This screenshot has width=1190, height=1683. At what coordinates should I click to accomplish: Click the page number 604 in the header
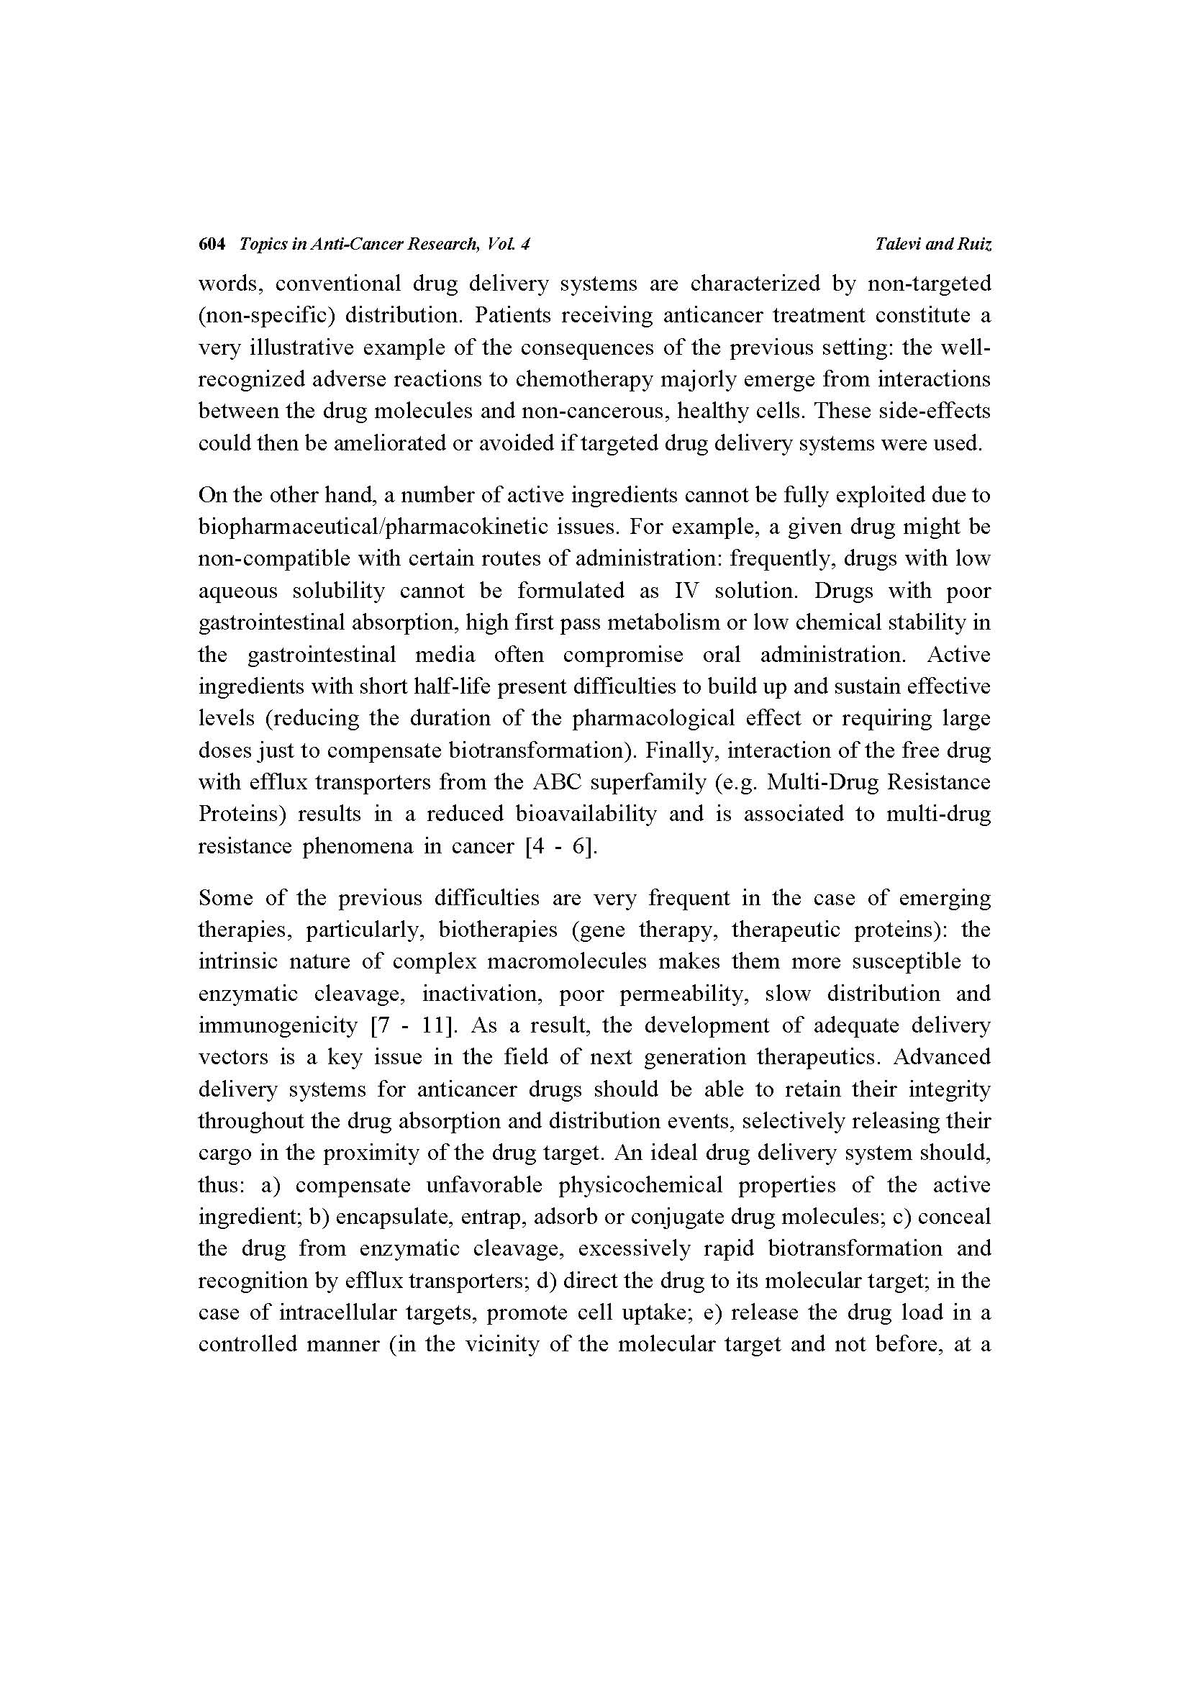[x=211, y=244]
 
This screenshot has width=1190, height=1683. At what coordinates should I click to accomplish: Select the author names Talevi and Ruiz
[x=933, y=244]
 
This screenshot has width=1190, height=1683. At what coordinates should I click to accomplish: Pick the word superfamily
[x=645, y=782]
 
